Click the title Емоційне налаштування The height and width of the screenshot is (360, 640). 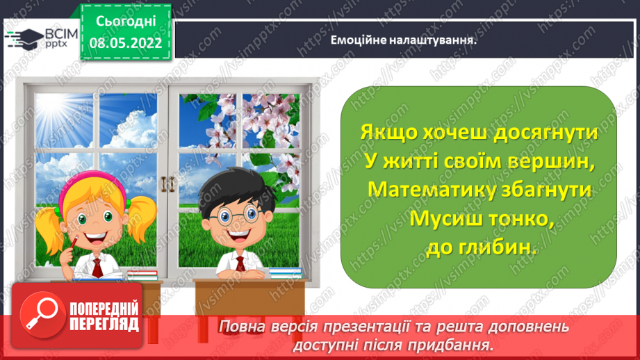pyautogui.click(x=404, y=40)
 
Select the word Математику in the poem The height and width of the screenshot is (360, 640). pyautogui.click(x=425, y=189)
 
